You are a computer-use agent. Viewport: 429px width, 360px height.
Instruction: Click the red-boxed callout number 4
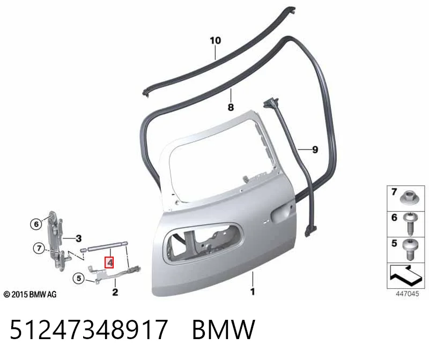coord(109,262)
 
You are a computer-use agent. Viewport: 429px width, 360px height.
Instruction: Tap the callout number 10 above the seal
coord(216,41)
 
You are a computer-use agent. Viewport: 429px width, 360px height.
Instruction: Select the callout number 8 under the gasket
coord(231,107)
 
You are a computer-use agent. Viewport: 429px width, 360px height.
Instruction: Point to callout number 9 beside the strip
coord(315,149)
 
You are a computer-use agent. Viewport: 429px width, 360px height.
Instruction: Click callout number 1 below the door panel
coord(253,291)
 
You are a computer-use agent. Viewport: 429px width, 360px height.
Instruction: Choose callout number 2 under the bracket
coord(115,292)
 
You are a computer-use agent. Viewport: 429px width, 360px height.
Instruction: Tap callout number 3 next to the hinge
coord(78,238)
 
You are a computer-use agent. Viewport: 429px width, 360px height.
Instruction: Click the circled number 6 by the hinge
coord(36,224)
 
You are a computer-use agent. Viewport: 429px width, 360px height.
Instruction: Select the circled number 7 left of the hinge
coord(39,248)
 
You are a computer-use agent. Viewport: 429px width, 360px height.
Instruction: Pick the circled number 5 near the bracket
coord(78,278)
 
